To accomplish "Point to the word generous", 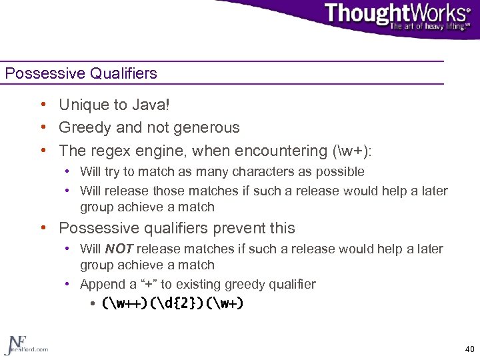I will (210, 127).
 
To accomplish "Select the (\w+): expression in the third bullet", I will (351, 150).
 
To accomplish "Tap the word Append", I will (101, 285).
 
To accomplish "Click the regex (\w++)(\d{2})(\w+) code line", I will (173, 304).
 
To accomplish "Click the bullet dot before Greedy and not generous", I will (42, 127).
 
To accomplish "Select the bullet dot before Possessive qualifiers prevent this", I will (42, 228).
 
